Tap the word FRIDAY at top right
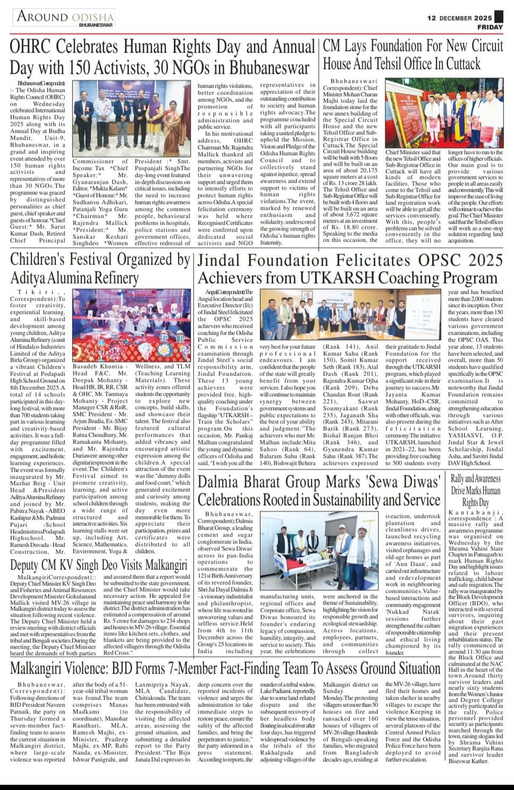(490, 27)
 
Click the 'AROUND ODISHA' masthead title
(65, 16)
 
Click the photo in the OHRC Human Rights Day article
(131, 118)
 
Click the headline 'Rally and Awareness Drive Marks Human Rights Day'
(475, 490)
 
